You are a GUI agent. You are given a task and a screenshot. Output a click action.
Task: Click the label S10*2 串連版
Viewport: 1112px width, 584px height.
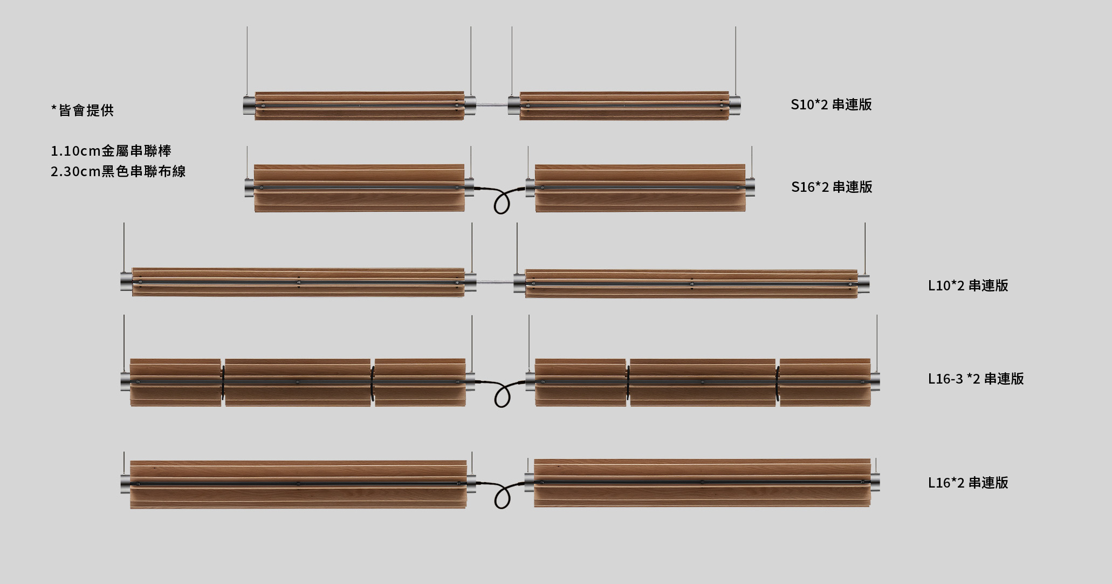point(831,105)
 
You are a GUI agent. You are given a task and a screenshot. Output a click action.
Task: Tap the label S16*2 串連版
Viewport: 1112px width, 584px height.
point(832,187)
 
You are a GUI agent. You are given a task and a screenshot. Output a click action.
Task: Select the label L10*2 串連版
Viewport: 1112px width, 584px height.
point(968,286)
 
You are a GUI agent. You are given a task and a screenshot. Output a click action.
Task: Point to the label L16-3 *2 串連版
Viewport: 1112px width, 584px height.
point(976,379)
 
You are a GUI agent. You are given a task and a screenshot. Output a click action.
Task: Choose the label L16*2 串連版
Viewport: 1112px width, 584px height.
point(968,483)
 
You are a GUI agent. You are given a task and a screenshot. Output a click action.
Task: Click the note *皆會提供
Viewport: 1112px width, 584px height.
point(83,110)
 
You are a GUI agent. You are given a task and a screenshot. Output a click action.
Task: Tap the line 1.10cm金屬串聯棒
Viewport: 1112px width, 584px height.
point(111,151)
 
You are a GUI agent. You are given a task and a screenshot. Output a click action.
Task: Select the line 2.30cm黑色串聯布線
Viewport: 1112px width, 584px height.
point(118,171)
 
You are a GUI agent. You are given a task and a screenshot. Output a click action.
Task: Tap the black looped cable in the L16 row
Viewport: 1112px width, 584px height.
point(502,496)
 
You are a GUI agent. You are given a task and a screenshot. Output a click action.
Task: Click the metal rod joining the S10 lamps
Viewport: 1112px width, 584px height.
point(492,106)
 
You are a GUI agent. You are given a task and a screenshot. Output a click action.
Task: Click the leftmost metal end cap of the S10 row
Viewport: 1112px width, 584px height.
point(249,106)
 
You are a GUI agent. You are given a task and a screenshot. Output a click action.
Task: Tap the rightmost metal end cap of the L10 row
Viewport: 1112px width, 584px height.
point(863,284)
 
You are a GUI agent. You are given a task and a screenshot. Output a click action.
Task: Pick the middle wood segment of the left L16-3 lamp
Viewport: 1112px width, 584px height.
point(298,383)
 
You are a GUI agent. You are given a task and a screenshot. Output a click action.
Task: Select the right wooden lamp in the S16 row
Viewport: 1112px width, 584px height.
point(640,188)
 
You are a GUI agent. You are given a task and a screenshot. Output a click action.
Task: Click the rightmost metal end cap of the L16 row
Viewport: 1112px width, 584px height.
point(875,482)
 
